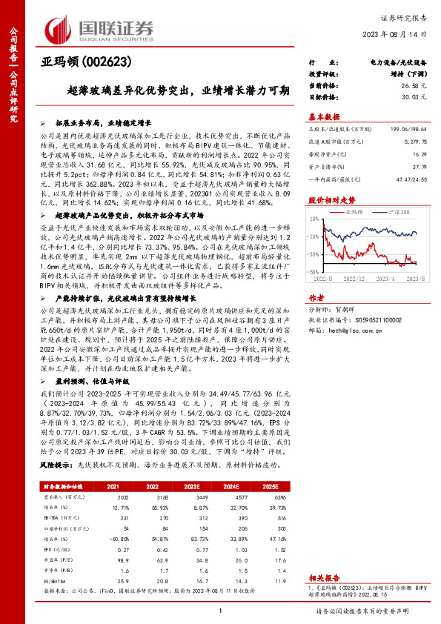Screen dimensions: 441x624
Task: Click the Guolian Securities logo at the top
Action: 99,28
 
